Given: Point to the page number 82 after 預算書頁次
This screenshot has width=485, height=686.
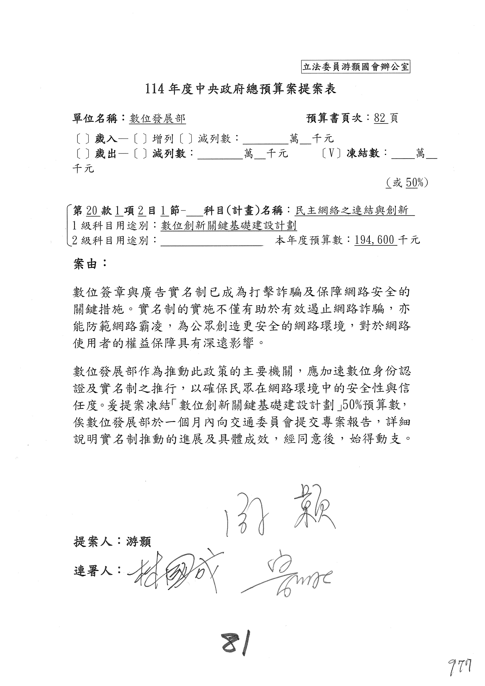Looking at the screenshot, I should coord(380,118).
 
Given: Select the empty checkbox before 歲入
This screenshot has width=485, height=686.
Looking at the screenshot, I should coord(83,139).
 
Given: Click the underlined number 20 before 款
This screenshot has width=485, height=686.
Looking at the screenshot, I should coord(92,211).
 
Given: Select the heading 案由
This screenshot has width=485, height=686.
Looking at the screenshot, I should coord(90,264).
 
